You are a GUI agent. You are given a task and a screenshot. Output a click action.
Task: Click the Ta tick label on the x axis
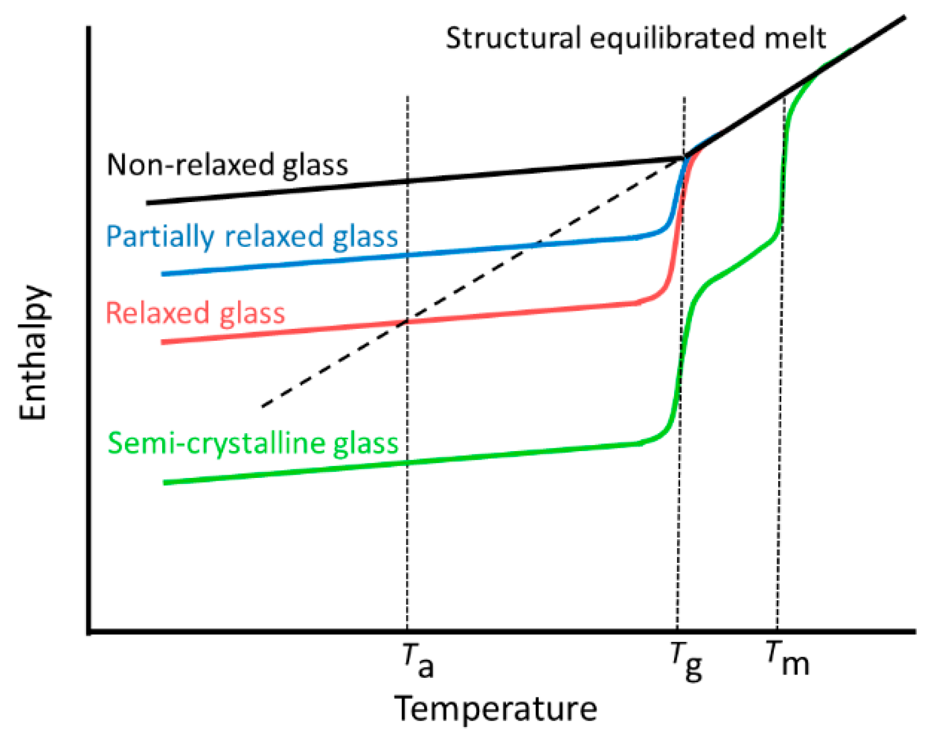(x=418, y=660)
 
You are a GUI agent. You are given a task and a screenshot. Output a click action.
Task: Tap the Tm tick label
(x=787, y=659)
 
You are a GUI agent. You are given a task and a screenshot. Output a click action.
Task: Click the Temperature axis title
(x=496, y=709)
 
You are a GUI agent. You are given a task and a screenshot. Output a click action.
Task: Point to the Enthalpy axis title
(x=33, y=352)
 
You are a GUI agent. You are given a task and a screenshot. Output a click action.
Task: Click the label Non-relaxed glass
(x=227, y=164)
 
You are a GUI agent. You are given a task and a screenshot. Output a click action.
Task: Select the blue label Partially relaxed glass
(x=252, y=237)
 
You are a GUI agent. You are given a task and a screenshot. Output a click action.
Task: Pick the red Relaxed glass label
(x=195, y=313)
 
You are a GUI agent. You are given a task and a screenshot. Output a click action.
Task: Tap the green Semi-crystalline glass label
(x=253, y=443)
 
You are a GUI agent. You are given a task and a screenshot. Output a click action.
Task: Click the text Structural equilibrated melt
(x=636, y=38)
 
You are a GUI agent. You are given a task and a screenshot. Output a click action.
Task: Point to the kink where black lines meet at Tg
(x=685, y=158)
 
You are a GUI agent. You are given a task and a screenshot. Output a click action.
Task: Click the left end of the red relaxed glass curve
(x=163, y=342)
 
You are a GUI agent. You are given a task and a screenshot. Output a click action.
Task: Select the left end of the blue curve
(x=163, y=274)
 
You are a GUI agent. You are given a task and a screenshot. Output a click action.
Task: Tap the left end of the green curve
(x=165, y=482)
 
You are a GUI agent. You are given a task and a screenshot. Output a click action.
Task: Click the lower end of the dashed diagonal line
(x=263, y=406)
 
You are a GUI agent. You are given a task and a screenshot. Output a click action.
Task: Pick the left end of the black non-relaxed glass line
(x=148, y=203)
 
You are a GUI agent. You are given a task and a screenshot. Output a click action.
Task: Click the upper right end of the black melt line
(x=904, y=17)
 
